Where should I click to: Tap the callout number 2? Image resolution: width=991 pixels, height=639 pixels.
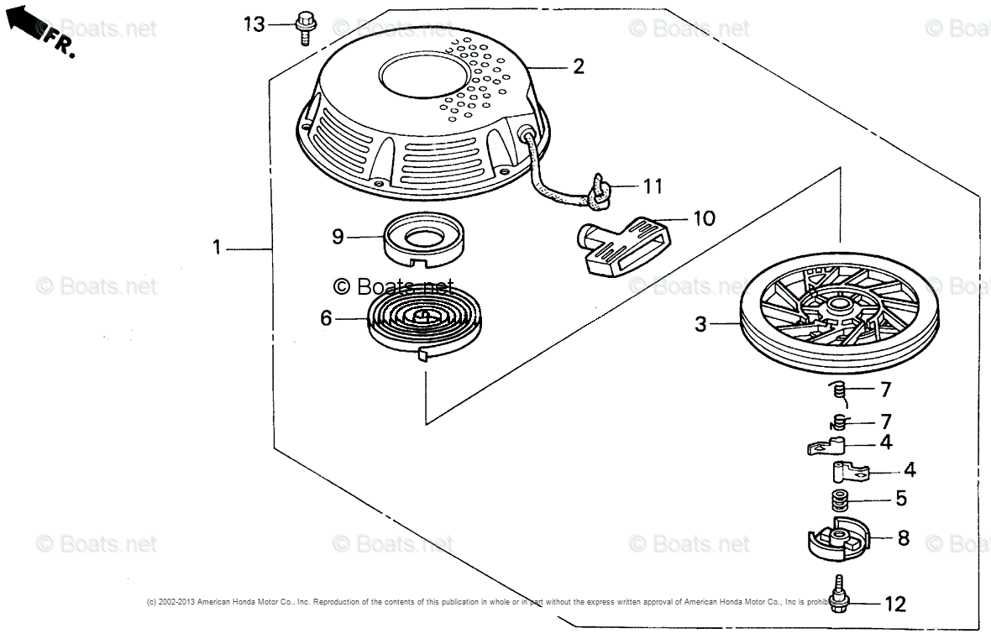(x=579, y=67)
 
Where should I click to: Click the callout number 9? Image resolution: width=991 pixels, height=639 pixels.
(x=337, y=237)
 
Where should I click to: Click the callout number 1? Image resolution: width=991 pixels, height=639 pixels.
(x=217, y=248)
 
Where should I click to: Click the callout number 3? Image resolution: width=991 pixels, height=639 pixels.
(x=701, y=324)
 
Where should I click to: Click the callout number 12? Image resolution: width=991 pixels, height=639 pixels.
(x=895, y=604)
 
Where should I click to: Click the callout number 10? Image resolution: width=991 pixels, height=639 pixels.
(x=704, y=218)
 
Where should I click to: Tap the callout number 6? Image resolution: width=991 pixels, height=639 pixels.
(x=327, y=317)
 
